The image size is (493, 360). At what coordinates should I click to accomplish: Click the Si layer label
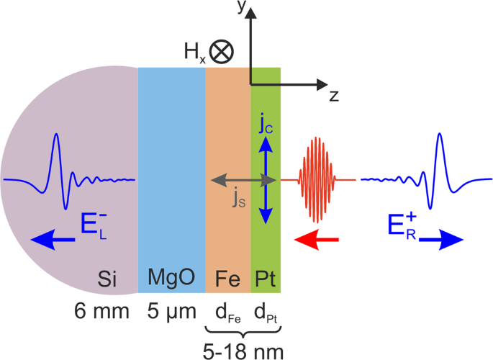point(107,278)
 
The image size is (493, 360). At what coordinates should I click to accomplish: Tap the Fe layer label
point(227,278)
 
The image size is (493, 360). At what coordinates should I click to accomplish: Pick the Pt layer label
point(266,278)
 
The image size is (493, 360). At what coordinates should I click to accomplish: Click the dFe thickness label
point(227,315)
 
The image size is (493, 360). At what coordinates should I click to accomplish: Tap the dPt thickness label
point(266,315)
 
